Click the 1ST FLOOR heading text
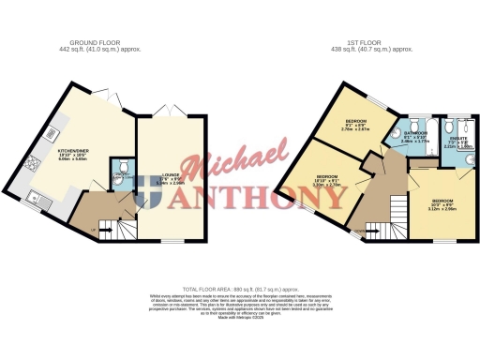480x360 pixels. [380, 43]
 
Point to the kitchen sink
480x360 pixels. [35, 197]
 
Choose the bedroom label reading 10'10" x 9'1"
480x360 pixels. [327, 179]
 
